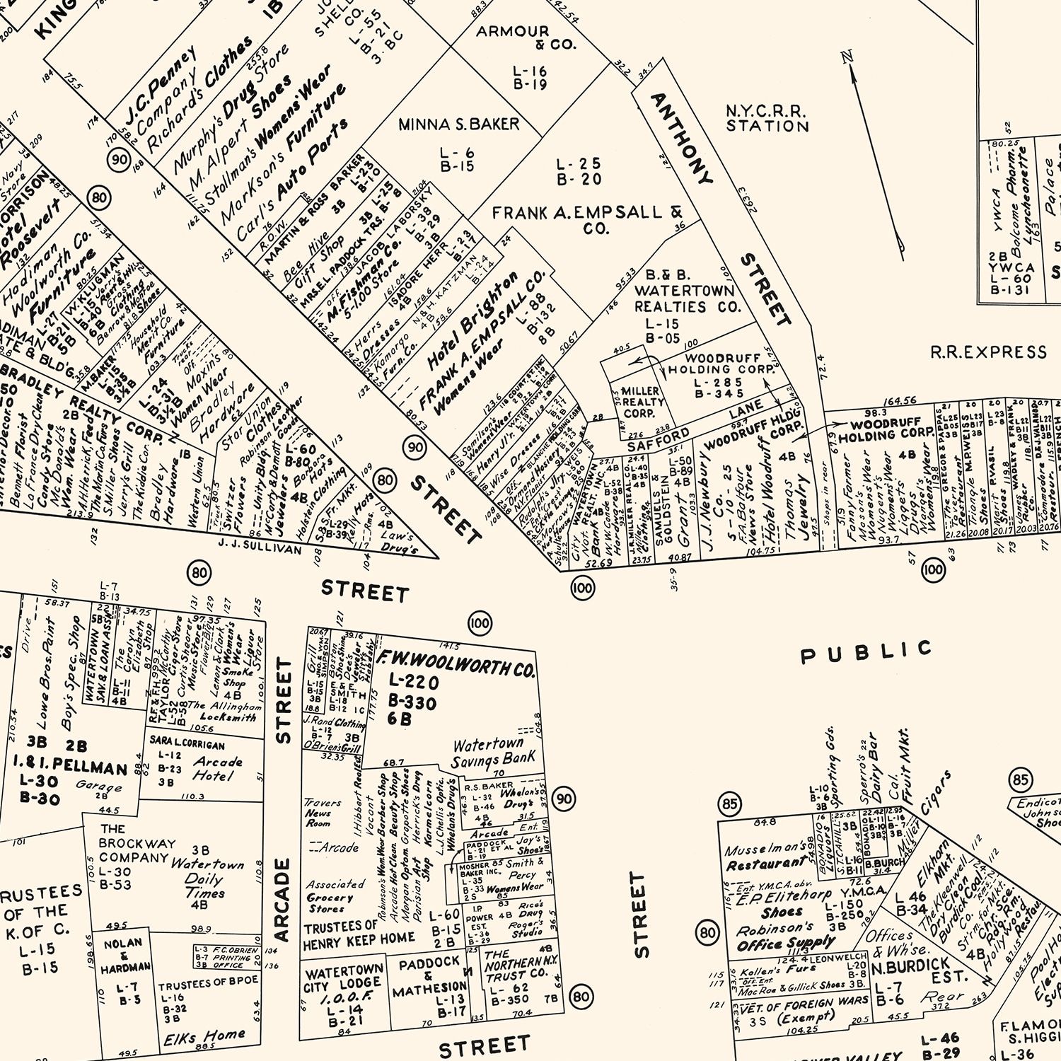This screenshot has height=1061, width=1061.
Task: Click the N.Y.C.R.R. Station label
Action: pyautogui.click(x=767, y=119)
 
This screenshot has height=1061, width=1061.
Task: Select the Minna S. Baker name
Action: pyautogui.click(x=458, y=124)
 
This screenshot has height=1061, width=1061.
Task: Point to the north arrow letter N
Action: pyautogui.click(x=847, y=57)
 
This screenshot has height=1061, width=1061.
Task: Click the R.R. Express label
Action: pyautogui.click(x=987, y=352)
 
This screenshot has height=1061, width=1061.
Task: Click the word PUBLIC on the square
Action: pyautogui.click(x=866, y=652)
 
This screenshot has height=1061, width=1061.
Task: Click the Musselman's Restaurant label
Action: pyautogui.click(x=766, y=854)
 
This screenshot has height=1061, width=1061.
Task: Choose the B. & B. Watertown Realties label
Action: pyautogui.click(x=683, y=291)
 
